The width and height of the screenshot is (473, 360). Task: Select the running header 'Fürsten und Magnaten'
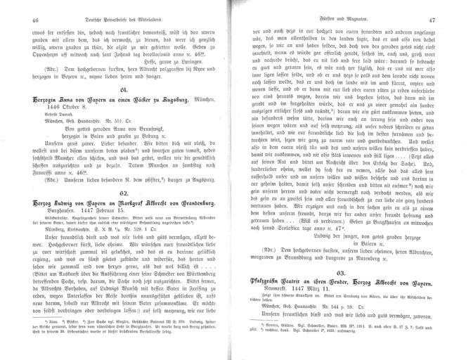[x=349, y=21]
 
